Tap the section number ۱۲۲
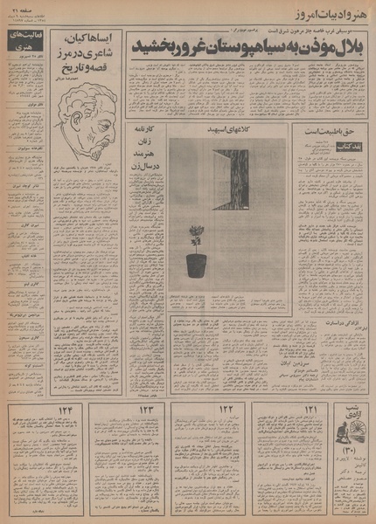[x=227, y=410]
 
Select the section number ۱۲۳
[x=145, y=410]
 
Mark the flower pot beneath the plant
[x=197, y=264]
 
